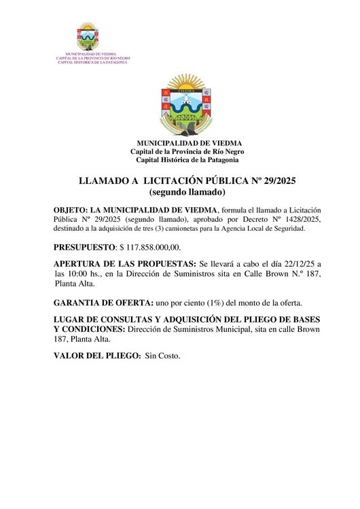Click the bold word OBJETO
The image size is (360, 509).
[69, 210]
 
